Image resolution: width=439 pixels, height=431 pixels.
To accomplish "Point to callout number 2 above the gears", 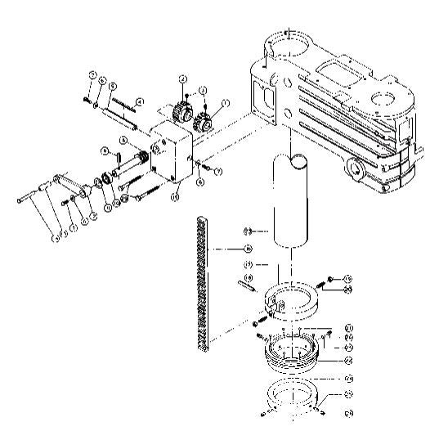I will tap(183, 79).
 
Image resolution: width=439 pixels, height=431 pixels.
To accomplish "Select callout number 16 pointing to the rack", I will tap(249, 247).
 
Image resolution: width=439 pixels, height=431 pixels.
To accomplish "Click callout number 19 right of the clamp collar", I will tap(347, 278).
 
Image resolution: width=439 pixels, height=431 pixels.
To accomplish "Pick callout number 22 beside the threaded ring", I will tap(347, 357).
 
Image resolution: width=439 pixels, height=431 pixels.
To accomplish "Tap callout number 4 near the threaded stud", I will tap(140, 101).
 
